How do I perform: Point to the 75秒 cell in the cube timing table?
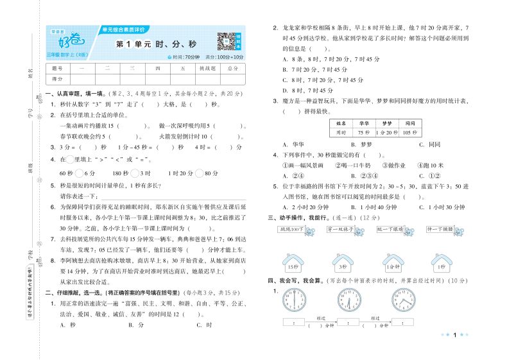pos(363,132)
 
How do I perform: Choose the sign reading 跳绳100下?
pos(291,229)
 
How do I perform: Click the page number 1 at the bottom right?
pos(454,334)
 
